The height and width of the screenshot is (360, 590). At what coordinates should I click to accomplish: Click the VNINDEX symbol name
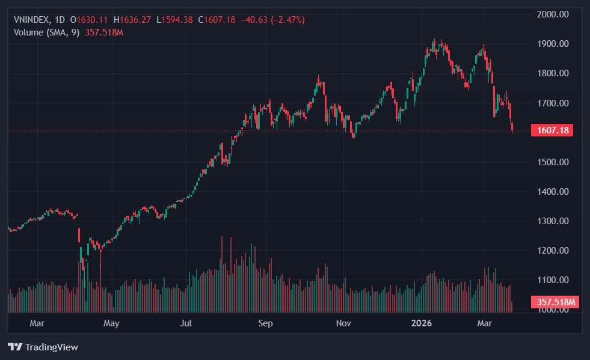click(x=32, y=20)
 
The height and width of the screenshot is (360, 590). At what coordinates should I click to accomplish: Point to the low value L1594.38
click(x=174, y=20)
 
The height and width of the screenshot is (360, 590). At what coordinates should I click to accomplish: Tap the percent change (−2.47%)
click(x=287, y=20)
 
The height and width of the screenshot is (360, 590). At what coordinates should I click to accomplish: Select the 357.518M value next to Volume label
click(x=104, y=32)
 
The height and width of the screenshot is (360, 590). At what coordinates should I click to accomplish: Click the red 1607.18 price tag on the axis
click(x=552, y=130)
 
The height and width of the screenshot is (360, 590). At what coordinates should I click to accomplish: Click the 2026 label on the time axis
click(x=422, y=323)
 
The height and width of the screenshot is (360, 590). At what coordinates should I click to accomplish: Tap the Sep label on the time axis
click(x=265, y=323)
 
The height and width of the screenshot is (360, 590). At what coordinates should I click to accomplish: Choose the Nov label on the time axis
click(x=343, y=323)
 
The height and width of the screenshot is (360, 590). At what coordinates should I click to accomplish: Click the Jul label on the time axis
click(x=186, y=323)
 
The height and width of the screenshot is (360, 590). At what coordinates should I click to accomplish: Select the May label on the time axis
click(x=111, y=323)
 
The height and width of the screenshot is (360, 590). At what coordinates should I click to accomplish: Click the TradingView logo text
click(x=51, y=347)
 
